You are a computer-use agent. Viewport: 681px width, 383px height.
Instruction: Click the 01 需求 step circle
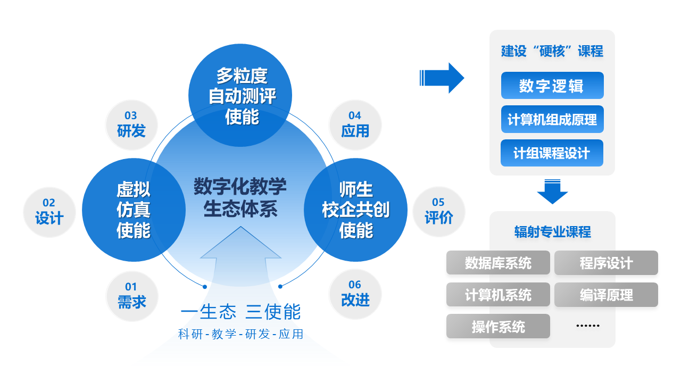(x=131, y=296)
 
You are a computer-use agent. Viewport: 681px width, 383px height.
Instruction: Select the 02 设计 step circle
(x=49, y=212)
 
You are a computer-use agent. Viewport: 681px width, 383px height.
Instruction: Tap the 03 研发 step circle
(x=131, y=124)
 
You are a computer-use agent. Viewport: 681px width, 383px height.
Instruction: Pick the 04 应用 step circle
(x=355, y=124)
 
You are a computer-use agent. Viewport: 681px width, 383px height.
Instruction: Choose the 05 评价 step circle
(x=438, y=211)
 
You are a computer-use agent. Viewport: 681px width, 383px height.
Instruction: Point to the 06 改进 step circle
(x=355, y=294)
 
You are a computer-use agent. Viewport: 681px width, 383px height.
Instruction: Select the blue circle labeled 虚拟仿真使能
(x=134, y=210)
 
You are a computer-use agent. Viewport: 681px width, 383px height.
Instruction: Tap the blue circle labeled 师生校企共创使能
(x=355, y=210)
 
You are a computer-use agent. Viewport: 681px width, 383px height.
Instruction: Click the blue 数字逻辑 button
(x=552, y=86)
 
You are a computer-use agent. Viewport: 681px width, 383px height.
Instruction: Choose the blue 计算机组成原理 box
(x=552, y=120)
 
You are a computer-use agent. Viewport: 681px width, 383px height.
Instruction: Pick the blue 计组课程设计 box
(x=552, y=153)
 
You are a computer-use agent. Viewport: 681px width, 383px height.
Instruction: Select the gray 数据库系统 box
(x=497, y=263)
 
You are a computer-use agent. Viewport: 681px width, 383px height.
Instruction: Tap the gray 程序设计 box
(x=606, y=263)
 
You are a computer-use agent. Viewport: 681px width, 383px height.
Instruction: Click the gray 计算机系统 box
(x=497, y=295)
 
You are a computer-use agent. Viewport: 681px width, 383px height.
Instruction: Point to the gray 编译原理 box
(x=606, y=295)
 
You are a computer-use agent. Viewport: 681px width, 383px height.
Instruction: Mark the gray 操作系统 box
(x=497, y=326)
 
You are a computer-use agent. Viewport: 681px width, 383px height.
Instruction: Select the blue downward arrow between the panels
(x=552, y=192)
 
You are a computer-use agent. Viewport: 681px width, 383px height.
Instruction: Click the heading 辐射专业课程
(x=552, y=232)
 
